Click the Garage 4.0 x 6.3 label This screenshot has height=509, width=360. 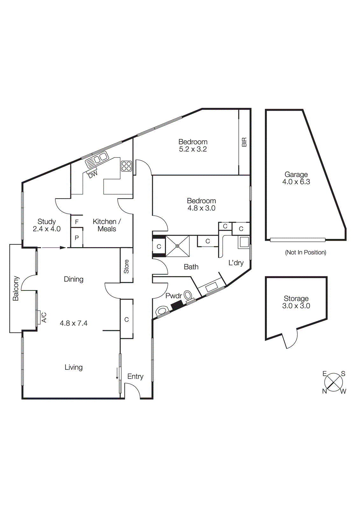pos(296,178)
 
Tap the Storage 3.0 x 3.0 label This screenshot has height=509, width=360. pos(296,302)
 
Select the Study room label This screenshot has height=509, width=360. pos(46,221)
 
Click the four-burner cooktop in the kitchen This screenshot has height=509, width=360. pos(126,166)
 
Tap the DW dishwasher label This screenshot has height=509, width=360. pos(93,175)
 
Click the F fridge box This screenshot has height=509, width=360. pos(77,221)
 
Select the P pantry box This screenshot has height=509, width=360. pos(77,237)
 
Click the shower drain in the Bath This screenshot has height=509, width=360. pos(177,246)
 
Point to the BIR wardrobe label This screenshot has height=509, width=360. pos(244,142)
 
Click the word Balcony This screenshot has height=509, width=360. pos(16,288)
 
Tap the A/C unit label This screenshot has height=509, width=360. pos(44,317)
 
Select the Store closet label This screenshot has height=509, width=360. pos(126,266)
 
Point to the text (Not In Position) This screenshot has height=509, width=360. pos(306,252)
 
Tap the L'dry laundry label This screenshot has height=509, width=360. pos(236,263)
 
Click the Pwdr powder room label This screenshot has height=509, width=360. pos(174,296)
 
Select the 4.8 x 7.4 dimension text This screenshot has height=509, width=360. pos(74,323)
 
